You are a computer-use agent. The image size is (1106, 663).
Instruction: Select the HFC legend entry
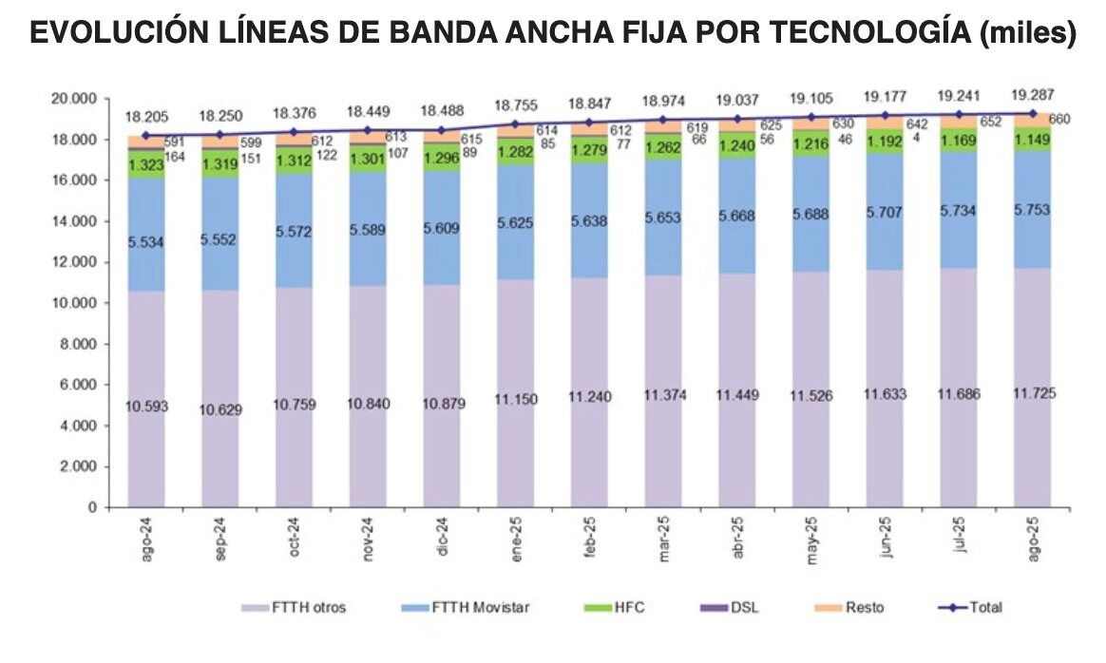click(629, 607)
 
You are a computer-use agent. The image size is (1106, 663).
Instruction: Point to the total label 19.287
click(1033, 96)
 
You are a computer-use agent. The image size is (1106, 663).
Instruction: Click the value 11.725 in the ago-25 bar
click(1033, 393)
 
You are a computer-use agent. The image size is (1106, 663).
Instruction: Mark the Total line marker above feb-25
click(589, 123)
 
